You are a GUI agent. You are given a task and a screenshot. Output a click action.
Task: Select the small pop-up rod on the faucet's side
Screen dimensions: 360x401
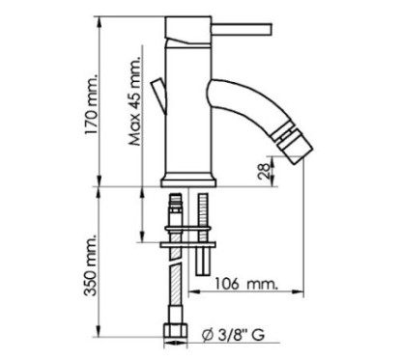pyautogui.click(x=159, y=97)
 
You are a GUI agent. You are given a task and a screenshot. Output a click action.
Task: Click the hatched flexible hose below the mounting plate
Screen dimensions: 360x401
pyautogui.click(x=176, y=290)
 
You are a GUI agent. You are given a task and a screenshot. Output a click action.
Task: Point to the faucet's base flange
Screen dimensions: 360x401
pyautogui.click(x=189, y=180)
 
